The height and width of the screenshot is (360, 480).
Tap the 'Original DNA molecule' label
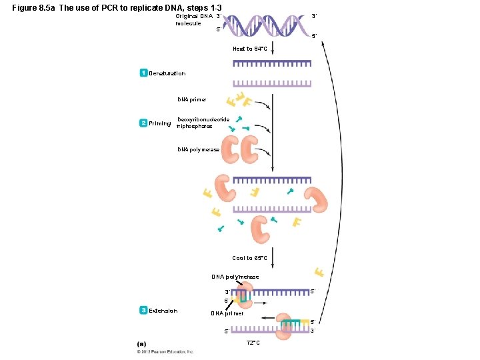tap(193, 19)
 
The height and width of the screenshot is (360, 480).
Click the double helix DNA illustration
tap(267, 26)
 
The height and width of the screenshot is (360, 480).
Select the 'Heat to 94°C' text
tap(250, 49)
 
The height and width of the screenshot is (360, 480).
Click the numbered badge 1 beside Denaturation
tap(143, 73)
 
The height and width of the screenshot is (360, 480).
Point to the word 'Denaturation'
tap(167, 73)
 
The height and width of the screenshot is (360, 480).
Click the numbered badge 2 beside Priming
tap(143, 123)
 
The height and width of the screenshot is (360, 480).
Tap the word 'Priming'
tap(160, 123)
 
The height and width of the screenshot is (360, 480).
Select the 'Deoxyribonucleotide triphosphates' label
tap(203, 123)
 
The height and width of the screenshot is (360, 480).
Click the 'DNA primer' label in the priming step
tap(192, 99)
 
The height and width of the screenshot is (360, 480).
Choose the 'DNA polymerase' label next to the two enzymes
tap(199, 150)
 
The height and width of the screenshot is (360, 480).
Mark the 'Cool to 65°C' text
tap(250, 258)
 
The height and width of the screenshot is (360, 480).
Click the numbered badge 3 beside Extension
tap(143, 310)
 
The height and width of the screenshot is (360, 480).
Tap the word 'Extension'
tap(163, 311)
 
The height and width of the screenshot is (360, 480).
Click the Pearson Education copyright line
tap(166, 351)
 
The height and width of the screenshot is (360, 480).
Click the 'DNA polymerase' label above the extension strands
tap(235, 277)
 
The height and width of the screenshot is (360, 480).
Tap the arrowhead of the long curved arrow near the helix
tap(323, 45)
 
